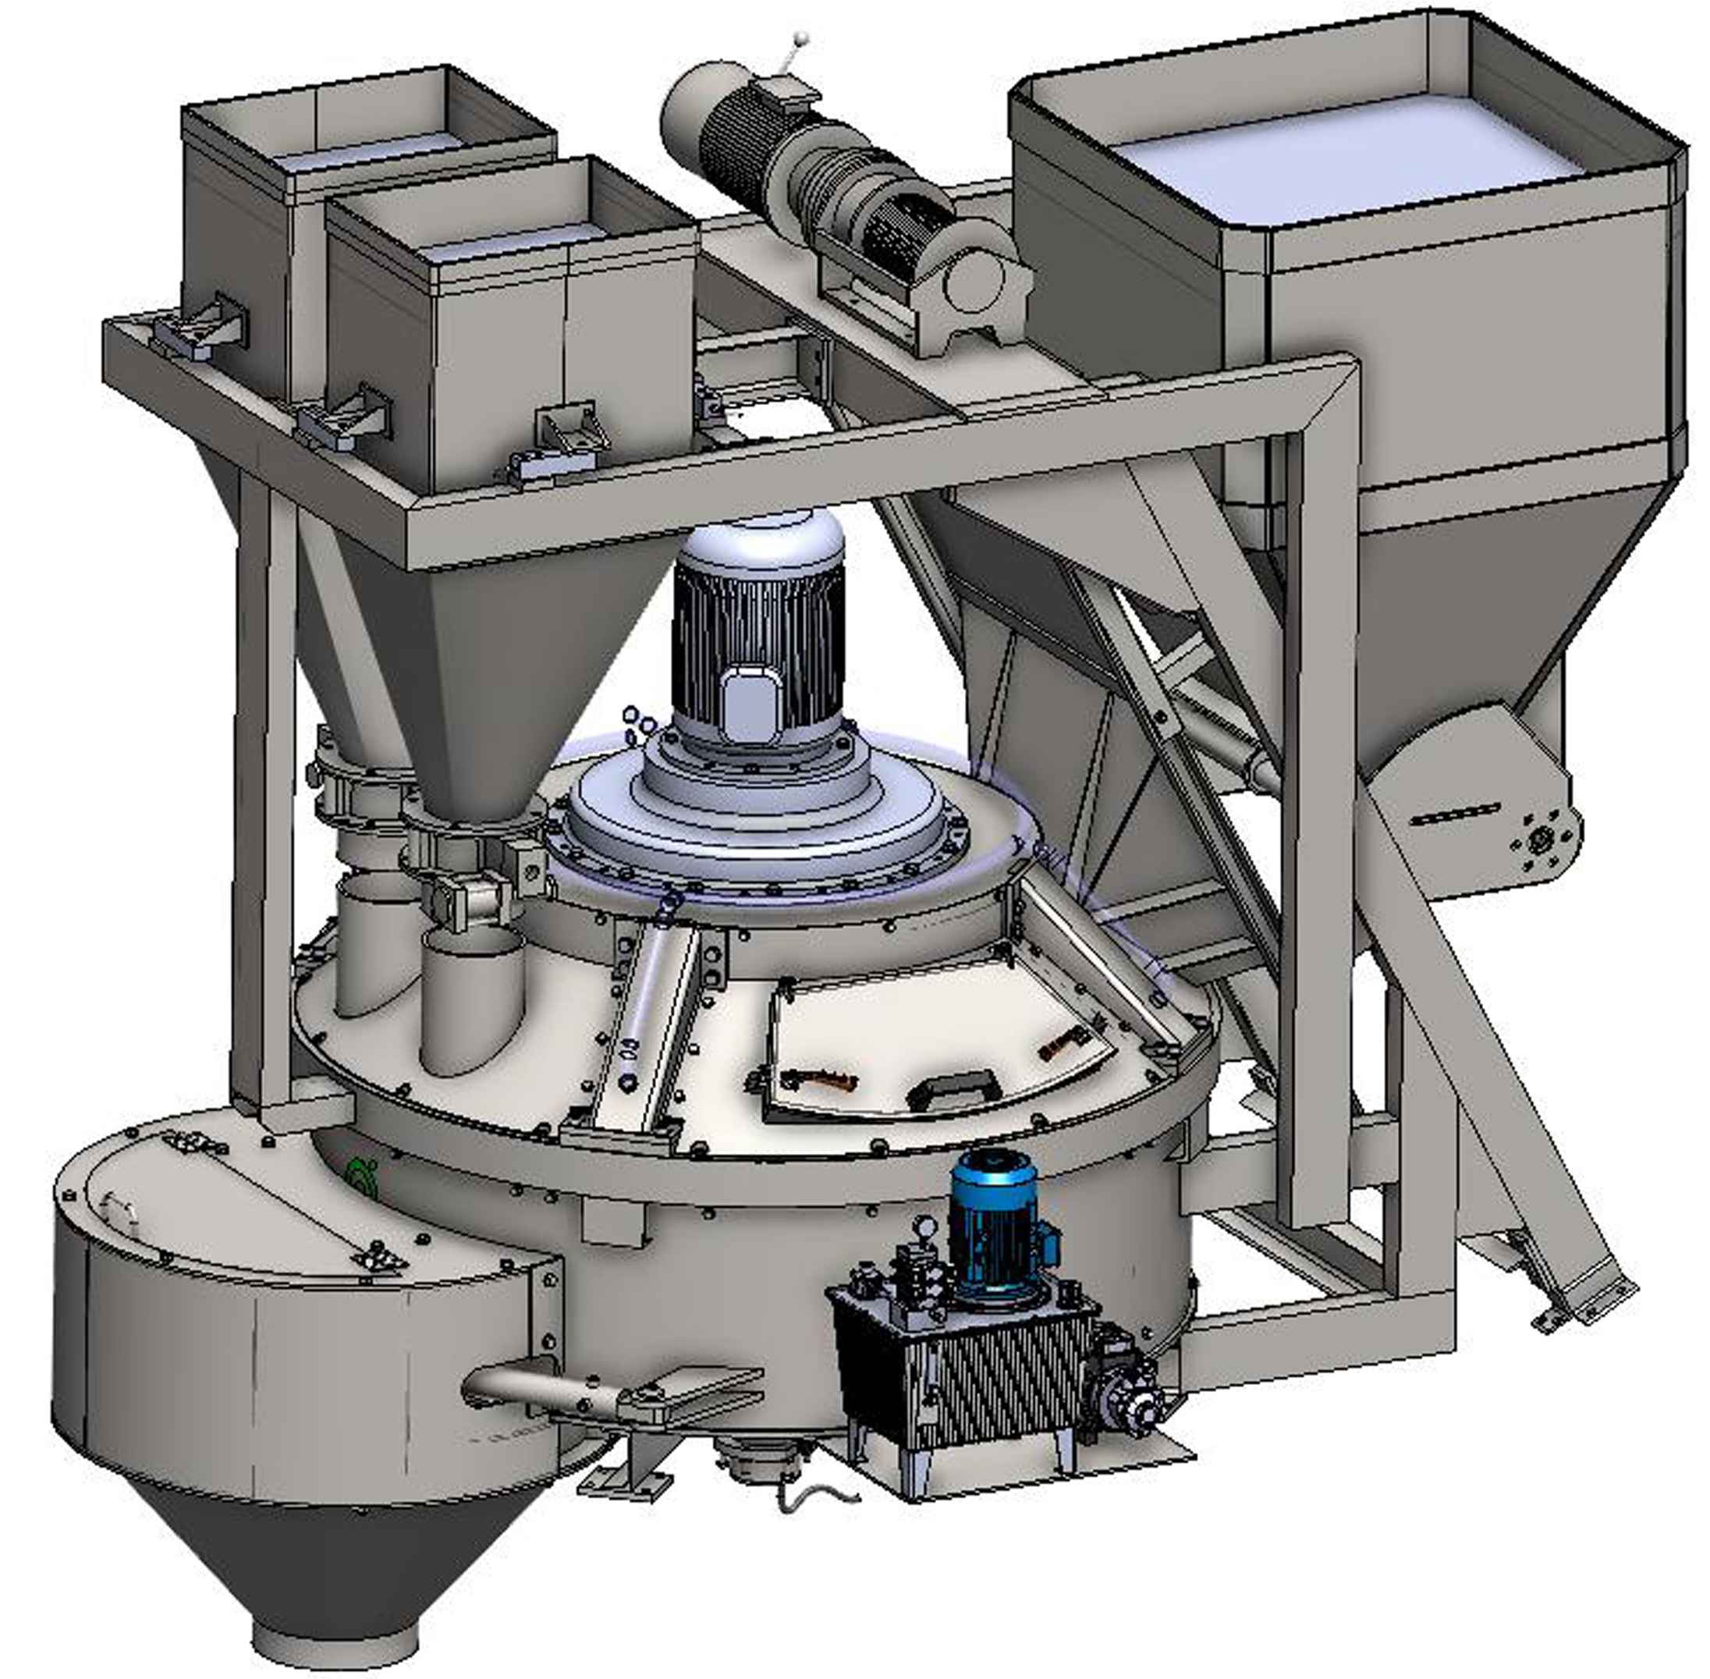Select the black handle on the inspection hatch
[953, 1095]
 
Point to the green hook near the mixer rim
[360, 1173]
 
